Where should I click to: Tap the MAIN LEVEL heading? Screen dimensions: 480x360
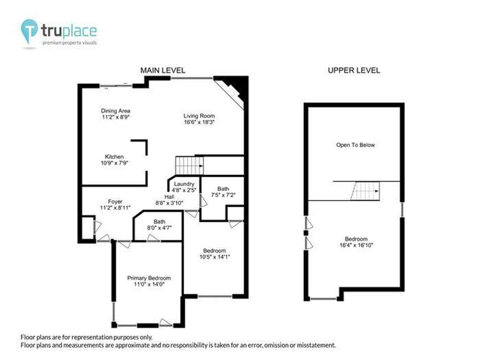click(x=163, y=70)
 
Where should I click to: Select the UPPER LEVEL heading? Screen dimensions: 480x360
click(x=354, y=70)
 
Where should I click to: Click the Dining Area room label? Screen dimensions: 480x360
click(x=116, y=111)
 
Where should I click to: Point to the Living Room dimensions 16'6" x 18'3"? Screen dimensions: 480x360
click(x=199, y=122)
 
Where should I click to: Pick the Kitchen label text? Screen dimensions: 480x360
click(x=114, y=157)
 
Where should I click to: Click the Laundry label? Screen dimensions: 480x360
click(x=184, y=184)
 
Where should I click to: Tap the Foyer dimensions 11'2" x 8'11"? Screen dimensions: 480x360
click(x=115, y=208)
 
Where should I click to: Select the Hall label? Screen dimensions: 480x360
click(x=169, y=197)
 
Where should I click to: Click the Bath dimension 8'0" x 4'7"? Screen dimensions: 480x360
click(x=159, y=228)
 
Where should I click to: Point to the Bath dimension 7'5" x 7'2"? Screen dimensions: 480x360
click(x=223, y=195)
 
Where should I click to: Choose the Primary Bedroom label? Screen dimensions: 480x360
click(x=149, y=278)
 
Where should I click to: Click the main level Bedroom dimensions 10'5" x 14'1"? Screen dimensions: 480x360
click(x=215, y=257)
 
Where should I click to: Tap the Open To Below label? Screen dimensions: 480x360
click(x=355, y=145)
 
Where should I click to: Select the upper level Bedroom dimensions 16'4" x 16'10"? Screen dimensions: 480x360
click(x=356, y=245)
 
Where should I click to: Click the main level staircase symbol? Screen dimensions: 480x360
click(x=189, y=165)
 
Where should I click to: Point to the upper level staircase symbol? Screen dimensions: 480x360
click(x=365, y=191)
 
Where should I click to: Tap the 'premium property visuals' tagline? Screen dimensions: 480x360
click(x=69, y=43)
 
